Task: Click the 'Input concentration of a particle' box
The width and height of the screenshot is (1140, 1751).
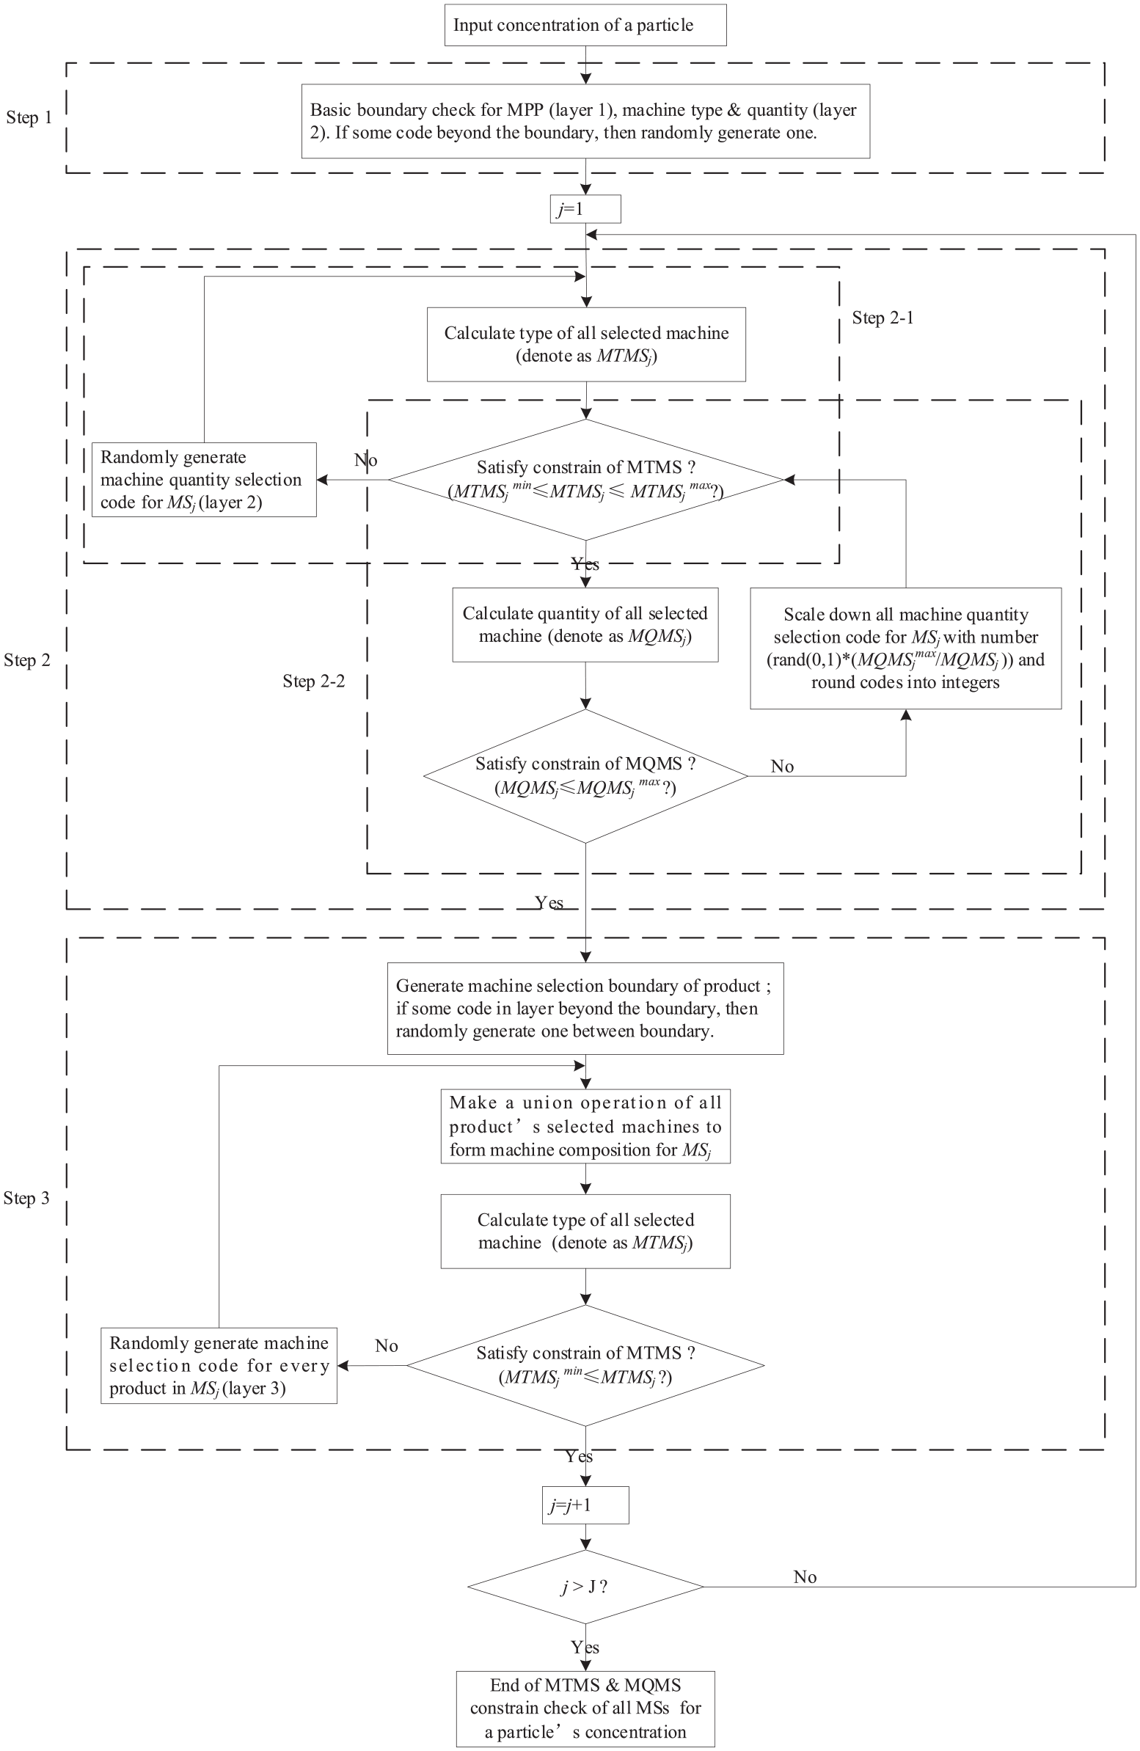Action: [585, 25]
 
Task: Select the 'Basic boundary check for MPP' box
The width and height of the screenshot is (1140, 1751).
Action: [585, 121]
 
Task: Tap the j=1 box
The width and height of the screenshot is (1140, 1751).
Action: [585, 209]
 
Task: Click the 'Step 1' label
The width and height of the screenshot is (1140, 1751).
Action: [29, 117]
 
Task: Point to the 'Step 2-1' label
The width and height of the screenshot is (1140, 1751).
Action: [883, 318]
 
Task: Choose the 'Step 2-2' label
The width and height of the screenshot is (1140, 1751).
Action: [313, 681]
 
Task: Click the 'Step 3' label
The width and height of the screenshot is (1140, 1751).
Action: [26, 1199]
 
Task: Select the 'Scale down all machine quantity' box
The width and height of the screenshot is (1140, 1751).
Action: [906, 648]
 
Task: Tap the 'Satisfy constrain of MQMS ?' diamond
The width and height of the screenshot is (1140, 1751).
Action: [586, 776]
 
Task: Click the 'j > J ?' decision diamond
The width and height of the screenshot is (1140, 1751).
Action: [586, 1587]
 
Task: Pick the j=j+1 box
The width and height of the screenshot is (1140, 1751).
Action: [586, 1505]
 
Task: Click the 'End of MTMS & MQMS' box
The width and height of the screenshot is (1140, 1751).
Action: [586, 1708]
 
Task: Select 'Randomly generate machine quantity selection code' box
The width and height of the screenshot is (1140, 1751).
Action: [204, 480]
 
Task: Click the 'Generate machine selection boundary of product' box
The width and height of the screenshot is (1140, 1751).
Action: [586, 1009]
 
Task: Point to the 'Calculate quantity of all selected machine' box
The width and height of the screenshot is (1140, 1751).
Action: [585, 624]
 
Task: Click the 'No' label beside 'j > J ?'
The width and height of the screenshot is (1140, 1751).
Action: [805, 1576]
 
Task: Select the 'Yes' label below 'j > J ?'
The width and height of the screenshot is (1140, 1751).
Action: [585, 1648]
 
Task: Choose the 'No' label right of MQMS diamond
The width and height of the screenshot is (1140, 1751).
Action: [782, 767]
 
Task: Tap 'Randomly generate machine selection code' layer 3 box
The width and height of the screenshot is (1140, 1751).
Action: [219, 1366]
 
